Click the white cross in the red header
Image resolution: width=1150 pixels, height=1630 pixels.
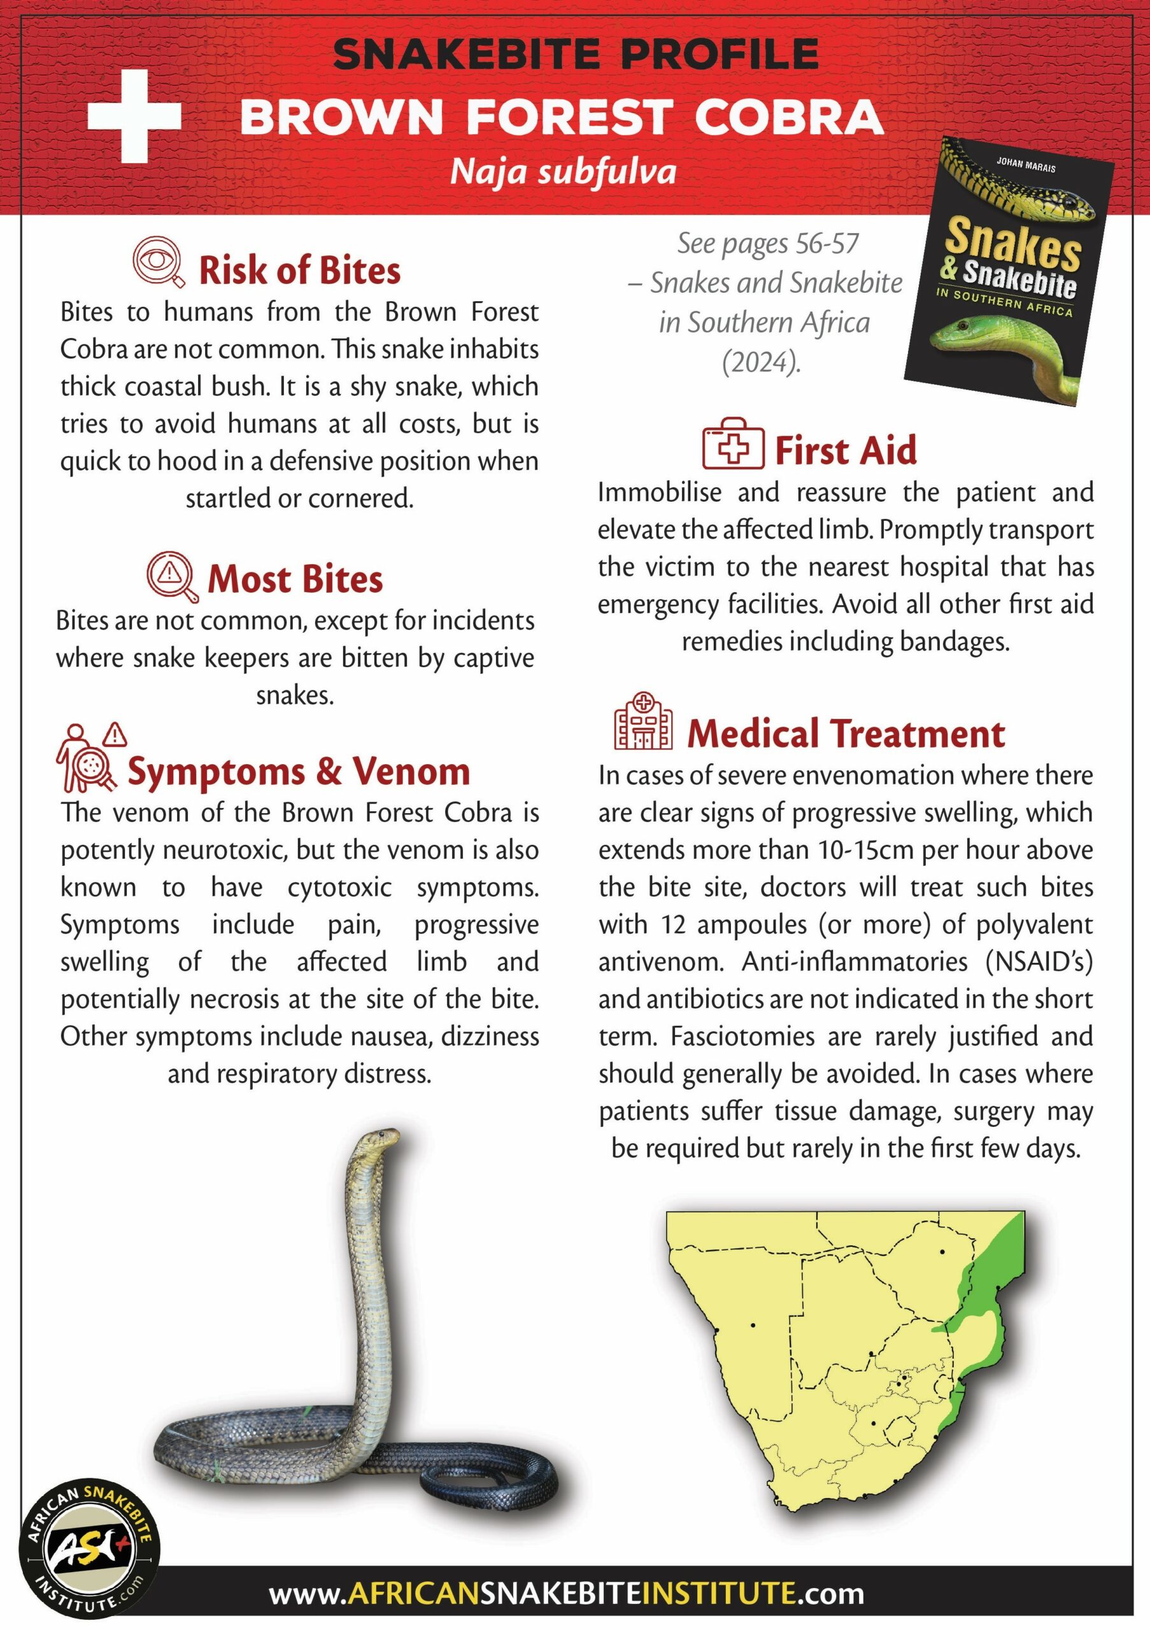pos(134,117)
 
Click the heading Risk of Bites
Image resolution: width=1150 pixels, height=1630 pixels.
pos(299,271)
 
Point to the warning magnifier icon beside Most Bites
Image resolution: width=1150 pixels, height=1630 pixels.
pos(172,576)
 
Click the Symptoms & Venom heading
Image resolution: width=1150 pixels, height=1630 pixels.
pos(299,772)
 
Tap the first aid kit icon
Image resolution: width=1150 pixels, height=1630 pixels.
pos(734,444)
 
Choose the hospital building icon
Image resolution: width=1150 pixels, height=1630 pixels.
pos(643,723)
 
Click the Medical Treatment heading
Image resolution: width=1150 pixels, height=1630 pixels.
pos(846,734)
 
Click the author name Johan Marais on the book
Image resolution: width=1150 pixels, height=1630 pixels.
pos(1025,165)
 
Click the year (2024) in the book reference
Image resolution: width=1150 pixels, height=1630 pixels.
pos(762,363)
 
